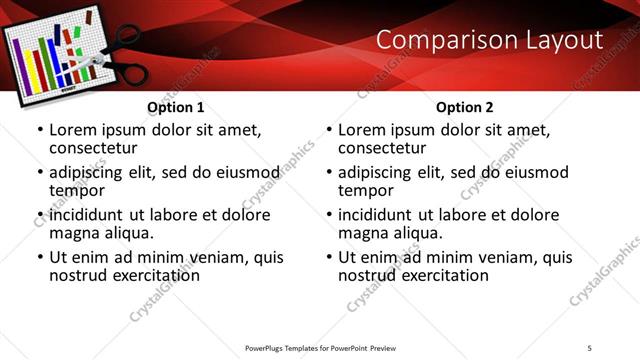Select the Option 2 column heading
click(x=464, y=107)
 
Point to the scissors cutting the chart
click(x=110, y=55)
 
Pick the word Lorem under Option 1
click(x=73, y=130)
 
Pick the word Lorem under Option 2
click(x=362, y=130)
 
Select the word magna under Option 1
click(x=75, y=233)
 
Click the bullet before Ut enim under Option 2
click(x=330, y=257)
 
